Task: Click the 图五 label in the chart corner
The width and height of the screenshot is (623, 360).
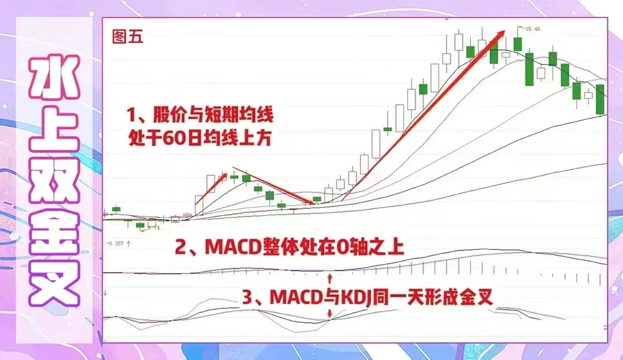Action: click(x=127, y=37)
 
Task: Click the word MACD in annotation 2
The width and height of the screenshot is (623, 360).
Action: click(x=230, y=248)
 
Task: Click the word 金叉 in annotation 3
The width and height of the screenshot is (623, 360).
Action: click(x=478, y=298)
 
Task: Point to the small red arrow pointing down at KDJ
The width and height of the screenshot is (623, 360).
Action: click(x=329, y=314)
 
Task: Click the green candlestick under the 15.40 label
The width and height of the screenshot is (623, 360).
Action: click(x=517, y=44)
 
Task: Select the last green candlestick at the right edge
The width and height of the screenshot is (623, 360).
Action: click(x=600, y=99)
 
